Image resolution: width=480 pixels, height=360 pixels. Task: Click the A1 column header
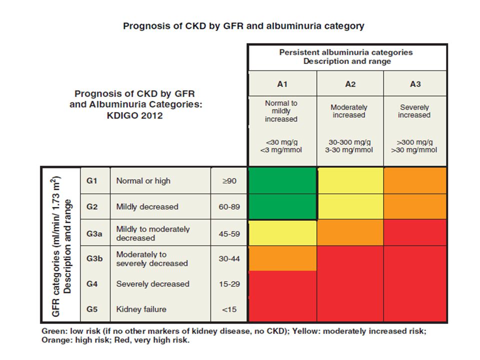click(x=282, y=84)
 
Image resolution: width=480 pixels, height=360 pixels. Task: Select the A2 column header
click(x=350, y=84)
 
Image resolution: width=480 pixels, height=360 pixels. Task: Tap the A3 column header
click(x=415, y=84)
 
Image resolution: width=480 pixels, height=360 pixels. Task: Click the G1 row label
click(x=92, y=181)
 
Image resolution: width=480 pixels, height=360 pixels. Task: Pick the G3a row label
click(x=94, y=234)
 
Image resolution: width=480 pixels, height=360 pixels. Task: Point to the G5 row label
click(x=92, y=309)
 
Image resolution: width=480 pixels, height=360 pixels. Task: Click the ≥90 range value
click(x=229, y=181)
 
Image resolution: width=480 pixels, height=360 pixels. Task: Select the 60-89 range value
click(x=229, y=207)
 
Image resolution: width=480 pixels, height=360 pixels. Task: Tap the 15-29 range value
click(x=229, y=284)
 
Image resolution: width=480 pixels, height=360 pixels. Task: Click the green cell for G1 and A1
click(x=282, y=180)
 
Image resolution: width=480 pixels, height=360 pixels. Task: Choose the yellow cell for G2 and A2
click(x=350, y=206)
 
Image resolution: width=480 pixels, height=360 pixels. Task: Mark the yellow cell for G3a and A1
click(x=282, y=232)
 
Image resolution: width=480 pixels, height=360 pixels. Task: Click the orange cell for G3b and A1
click(x=282, y=258)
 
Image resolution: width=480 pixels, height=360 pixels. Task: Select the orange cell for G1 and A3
click(x=415, y=180)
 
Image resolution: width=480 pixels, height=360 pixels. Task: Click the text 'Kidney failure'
click(x=141, y=309)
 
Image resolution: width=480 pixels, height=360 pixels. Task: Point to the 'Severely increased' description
click(x=414, y=111)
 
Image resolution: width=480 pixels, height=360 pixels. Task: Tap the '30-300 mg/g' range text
click(x=349, y=142)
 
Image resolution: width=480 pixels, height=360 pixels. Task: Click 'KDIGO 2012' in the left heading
click(x=134, y=115)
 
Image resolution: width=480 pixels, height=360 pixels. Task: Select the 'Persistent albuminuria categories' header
click(x=346, y=52)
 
